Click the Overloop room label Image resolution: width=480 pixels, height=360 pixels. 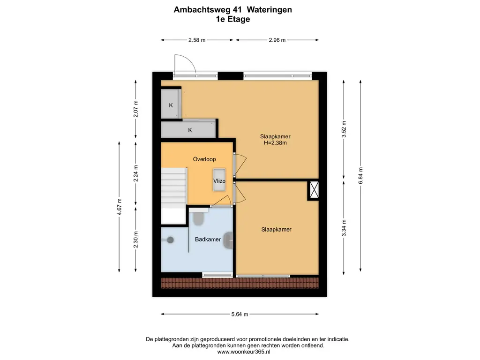tap(204, 159)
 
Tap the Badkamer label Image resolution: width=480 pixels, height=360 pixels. tap(208, 240)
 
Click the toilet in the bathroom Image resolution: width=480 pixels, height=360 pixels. tap(199, 218)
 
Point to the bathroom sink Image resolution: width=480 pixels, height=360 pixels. tap(229, 240)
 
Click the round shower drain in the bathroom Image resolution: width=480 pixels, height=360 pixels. tap(171, 240)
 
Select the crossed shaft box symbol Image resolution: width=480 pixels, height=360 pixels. tap(313, 190)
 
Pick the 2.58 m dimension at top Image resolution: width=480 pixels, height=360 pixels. tap(197, 40)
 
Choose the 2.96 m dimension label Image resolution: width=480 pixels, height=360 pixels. tap(277, 40)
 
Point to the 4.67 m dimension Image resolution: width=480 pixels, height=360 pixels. tap(120, 207)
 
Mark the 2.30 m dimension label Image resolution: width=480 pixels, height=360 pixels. tap(136, 240)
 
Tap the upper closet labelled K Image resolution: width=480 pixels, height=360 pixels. tap(171, 105)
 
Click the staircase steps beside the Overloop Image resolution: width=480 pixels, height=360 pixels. tap(173, 187)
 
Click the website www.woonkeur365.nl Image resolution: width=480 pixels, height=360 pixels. tap(244, 352)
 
